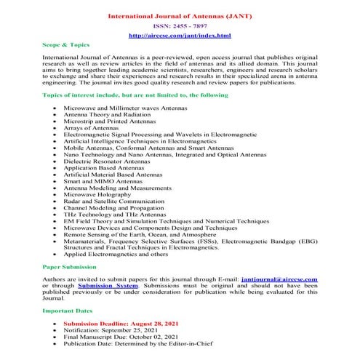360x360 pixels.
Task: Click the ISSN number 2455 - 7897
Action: tap(180, 25)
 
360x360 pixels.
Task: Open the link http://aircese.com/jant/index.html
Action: tap(180, 35)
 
